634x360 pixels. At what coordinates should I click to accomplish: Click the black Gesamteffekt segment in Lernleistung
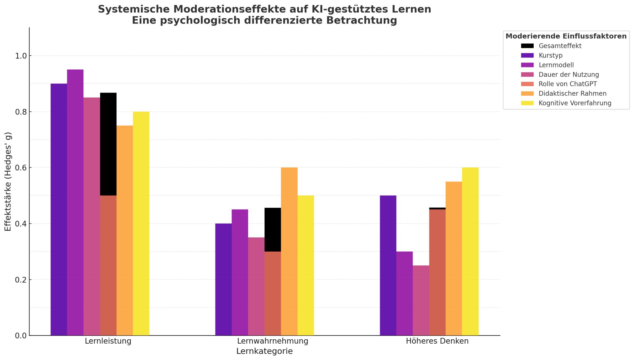pos(108,144)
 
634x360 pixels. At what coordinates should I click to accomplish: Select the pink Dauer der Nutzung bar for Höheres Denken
pos(421,300)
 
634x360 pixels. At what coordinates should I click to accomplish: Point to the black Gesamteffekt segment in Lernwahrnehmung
pos(273,229)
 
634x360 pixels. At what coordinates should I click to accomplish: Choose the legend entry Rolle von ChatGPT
pos(567,84)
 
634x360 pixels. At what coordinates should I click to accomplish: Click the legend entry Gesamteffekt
pos(560,46)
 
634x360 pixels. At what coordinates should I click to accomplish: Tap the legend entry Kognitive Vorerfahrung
pos(575,103)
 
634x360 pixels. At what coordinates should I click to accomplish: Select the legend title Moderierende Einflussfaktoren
pos(566,36)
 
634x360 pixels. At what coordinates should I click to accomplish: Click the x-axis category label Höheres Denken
pos(437,341)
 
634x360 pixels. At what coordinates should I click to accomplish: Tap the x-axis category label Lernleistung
pos(108,341)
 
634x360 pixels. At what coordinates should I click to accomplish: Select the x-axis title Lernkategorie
pos(264,351)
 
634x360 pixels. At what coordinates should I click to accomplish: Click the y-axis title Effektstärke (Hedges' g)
pos(8,182)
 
